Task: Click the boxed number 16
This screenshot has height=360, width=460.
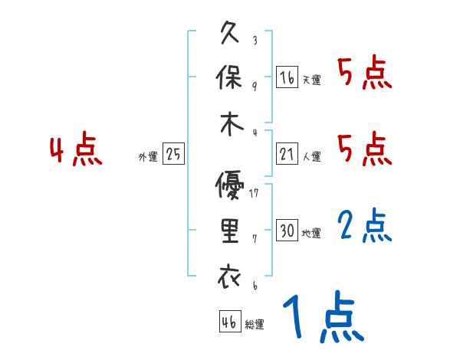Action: point(287,77)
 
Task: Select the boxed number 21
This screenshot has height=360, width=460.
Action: point(287,154)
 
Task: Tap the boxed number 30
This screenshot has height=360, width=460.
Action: point(287,231)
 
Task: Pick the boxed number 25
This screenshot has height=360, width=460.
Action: point(173,154)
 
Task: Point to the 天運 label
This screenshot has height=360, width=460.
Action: point(311,80)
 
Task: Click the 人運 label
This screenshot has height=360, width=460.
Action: point(311,156)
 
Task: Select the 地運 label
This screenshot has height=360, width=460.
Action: point(311,233)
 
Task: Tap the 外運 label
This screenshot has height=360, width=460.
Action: point(148,156)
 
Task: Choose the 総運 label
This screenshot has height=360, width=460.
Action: point(255,325)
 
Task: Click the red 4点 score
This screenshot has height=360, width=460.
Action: point(75,151)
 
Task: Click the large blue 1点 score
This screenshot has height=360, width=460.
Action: point(322,318)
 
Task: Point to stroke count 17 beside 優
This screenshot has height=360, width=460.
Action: point(254,192)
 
